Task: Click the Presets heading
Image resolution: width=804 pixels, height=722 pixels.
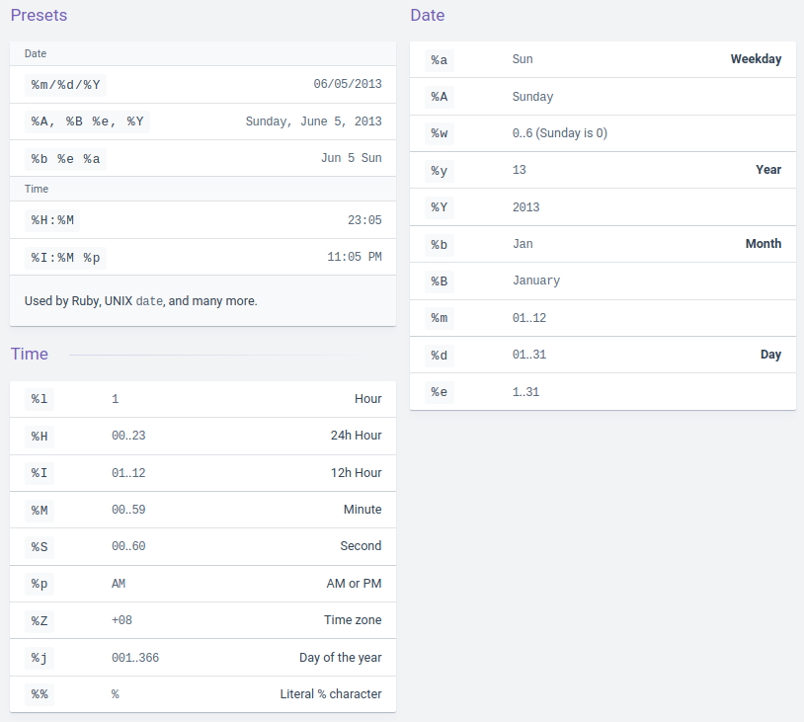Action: point(39,15)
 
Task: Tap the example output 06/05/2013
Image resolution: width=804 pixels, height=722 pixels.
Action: point(348,85)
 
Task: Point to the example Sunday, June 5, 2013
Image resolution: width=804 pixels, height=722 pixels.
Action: point(313,121)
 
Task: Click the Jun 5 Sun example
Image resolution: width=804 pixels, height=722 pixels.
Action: point(351,158)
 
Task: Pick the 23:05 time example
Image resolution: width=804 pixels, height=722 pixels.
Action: point(364,220)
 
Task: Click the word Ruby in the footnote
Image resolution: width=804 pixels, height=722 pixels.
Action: point(84,300)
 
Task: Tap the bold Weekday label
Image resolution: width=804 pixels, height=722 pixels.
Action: point(756,59)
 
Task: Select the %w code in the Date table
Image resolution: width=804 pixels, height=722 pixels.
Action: point(440,133)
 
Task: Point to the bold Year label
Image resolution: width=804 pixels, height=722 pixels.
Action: point(768,170)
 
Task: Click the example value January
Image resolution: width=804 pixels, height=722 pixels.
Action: point(536,281)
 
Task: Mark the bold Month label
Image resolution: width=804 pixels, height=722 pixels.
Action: point(764,244)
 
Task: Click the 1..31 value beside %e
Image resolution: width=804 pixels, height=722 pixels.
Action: point(525,392)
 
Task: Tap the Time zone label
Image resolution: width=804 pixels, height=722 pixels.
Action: point(353,620)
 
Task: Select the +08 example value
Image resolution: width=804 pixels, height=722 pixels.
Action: point(121,620)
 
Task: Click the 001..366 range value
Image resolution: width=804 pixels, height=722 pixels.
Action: point(135,658)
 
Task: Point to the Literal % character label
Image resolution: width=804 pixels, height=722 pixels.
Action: point(331,694)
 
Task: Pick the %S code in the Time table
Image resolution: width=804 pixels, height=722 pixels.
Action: point(40,546)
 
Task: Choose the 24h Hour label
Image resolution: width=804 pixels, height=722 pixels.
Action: point(356,436)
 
